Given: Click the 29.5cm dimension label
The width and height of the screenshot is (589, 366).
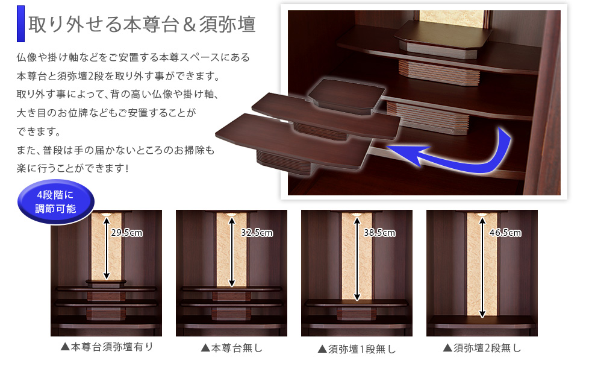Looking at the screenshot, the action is pyautogui.click(x=126, y=233).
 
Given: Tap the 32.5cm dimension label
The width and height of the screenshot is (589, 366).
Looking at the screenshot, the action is pyautogui.click(x=257, y=233).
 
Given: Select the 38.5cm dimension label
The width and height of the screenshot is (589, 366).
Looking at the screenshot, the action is pyautogui.click(x=379, y=233).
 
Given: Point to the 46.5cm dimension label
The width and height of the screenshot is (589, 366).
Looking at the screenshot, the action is pyautogui.click(x=505, y=233).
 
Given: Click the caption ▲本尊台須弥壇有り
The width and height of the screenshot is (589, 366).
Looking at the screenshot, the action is pyautogui.click(x=107, y=347).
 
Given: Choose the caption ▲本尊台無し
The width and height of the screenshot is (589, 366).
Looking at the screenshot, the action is pyautogui.click(x=232, y=348).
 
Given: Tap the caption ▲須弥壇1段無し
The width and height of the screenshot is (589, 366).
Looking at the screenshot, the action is pyautogui.click(x=357, y=349).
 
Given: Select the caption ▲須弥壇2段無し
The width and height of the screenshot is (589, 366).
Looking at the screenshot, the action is pyautogui.click(x=482, y=348).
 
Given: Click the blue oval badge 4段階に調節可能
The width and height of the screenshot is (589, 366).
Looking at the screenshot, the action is pyautogui.click(x=55, y=202).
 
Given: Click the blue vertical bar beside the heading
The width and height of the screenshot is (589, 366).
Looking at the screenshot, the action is pyautogui.click(x=20, y=24).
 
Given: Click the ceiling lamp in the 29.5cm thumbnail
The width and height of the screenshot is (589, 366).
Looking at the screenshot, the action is pyautogui.click(x=107, y=213).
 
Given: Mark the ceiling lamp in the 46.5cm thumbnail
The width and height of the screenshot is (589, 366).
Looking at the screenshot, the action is pyautogui.click(x=482, y=213).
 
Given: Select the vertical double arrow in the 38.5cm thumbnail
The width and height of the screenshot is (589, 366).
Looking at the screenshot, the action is pyautogui.click(x=357, y=259).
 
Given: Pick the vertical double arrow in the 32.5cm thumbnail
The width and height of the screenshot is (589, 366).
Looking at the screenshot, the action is pyautogui.click(x=232, y=252).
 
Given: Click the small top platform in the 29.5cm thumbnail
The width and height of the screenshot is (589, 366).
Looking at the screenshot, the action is pyautogui.click(x=106, y=282).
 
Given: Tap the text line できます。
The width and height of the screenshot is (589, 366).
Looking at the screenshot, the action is pyautogui.click(x=39, y=131).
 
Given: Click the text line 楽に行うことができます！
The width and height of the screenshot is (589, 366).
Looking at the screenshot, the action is pyautogui.click(x=73, y=168).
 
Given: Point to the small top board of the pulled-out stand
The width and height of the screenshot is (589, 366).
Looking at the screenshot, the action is pyautogui.click(x=346, y=94).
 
